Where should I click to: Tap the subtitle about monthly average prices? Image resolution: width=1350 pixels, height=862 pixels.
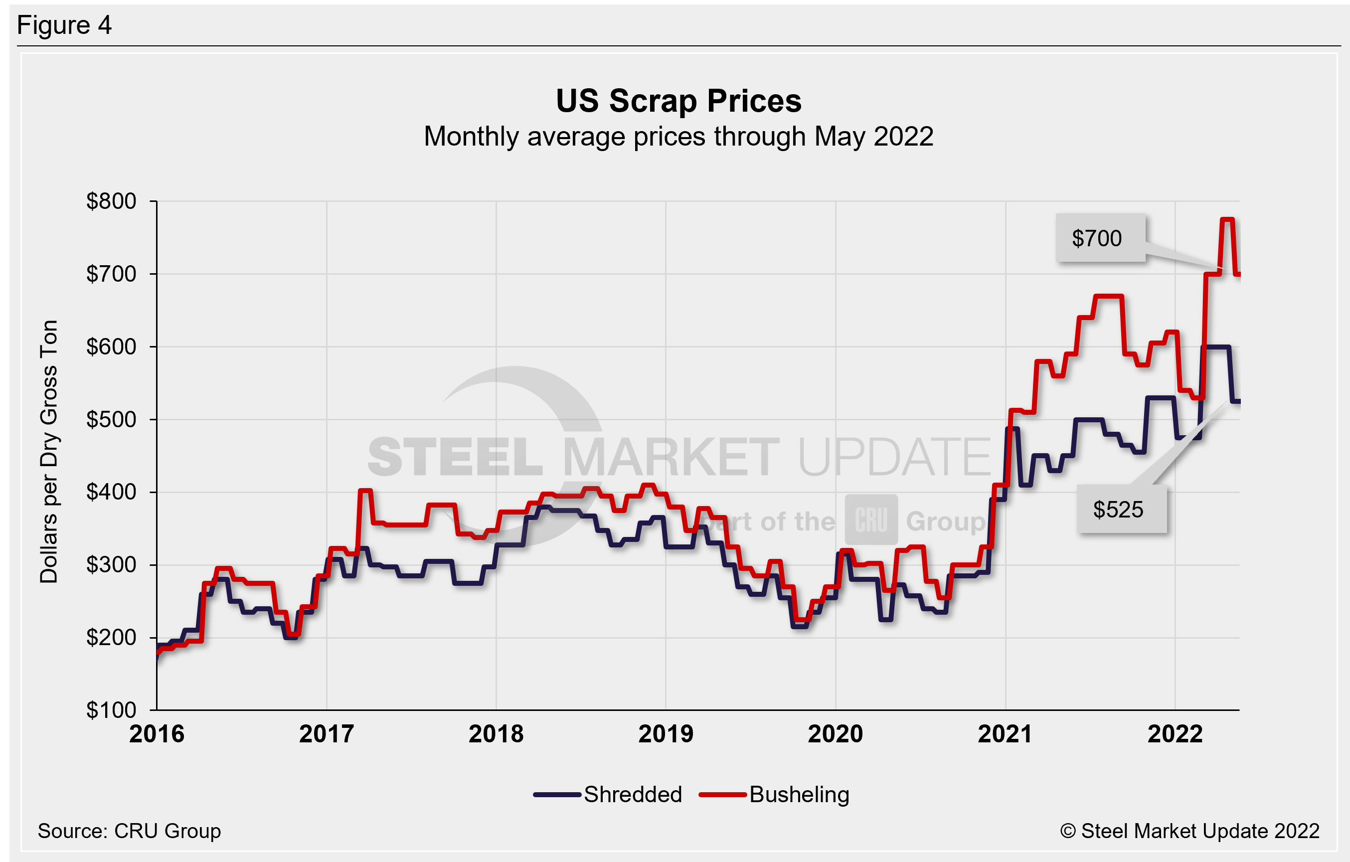678,136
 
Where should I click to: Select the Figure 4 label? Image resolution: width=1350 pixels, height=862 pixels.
64,25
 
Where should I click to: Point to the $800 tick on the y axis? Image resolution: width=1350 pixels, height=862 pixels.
111,201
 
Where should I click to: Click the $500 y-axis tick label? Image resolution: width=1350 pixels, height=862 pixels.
111,419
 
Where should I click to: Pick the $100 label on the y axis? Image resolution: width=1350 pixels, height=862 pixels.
111,710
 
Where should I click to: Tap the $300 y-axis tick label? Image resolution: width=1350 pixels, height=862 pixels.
111,565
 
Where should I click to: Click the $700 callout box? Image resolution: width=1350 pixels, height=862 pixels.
1099,238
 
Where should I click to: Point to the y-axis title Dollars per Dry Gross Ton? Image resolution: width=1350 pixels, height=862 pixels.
49,452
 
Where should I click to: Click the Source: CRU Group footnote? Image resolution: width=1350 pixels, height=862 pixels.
129,831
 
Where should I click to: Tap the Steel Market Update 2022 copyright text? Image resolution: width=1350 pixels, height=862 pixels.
1189,831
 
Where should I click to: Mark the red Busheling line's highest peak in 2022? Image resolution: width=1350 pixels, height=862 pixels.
1227,220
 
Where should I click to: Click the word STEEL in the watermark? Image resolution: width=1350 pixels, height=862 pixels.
455,457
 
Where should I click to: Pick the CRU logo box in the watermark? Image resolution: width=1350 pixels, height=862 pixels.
871,520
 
